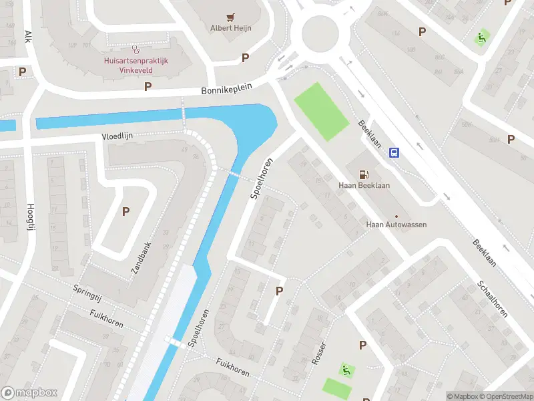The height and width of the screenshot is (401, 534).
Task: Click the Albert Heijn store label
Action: coord(231,27)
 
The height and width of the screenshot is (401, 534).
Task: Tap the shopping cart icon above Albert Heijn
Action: coord(231,17)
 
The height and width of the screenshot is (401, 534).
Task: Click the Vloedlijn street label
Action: coord(117,136)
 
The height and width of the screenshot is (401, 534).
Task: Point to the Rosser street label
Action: coord(319,353)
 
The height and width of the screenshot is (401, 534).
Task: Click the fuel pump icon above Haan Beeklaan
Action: coord(364,174)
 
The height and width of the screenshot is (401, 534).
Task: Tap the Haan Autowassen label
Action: coord(396,225)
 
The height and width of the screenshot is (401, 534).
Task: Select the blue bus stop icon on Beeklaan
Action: coord(394,152)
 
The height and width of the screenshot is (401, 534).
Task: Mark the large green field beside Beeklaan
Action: coord(321,111)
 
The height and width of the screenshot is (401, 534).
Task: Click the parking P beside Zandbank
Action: coord(125,212)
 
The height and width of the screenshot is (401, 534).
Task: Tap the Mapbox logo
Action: coord(29,393)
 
